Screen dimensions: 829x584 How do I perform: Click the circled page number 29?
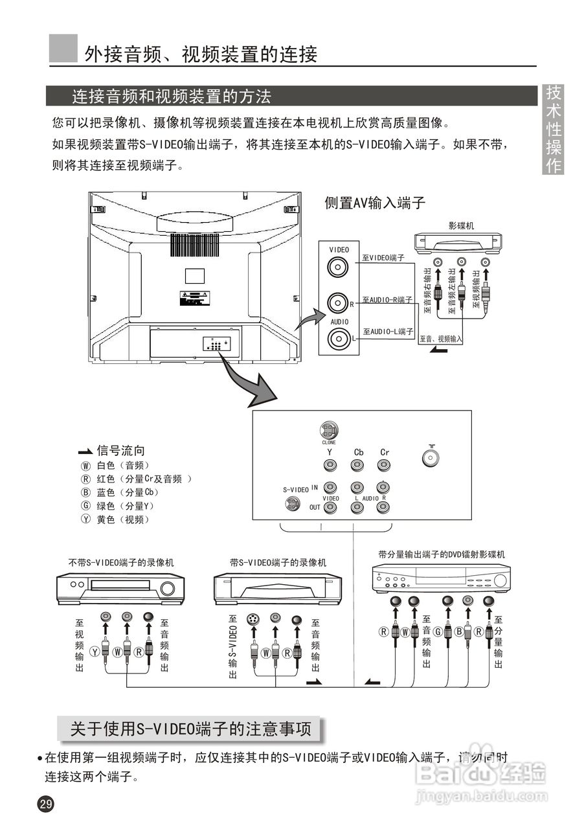tap(46, 804)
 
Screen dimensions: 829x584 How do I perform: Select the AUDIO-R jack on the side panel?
tap(337, 302)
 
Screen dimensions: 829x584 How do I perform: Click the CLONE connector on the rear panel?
tap(329, 430)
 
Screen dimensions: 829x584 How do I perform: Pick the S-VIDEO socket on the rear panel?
tap(293, 503)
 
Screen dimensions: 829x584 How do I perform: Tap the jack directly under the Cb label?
tap(357, 465)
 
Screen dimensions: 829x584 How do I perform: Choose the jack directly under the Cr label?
tap(383, 465)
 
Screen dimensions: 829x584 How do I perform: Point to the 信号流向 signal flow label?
tap(120, 451)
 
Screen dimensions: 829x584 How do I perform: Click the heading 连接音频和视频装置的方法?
tap(171, 97)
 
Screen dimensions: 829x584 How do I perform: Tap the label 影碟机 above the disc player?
tap(461, 225)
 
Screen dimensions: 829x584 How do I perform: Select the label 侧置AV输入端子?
tap(375, 203)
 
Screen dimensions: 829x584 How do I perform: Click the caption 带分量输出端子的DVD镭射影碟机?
tap(442, 554)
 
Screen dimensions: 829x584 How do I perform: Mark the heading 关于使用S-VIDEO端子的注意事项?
tap(190, 729)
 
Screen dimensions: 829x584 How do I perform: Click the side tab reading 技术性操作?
tap(554, 129)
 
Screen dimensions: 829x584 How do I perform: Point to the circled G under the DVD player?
tap(438, 631)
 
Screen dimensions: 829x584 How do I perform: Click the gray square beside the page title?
tap(63, 49)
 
